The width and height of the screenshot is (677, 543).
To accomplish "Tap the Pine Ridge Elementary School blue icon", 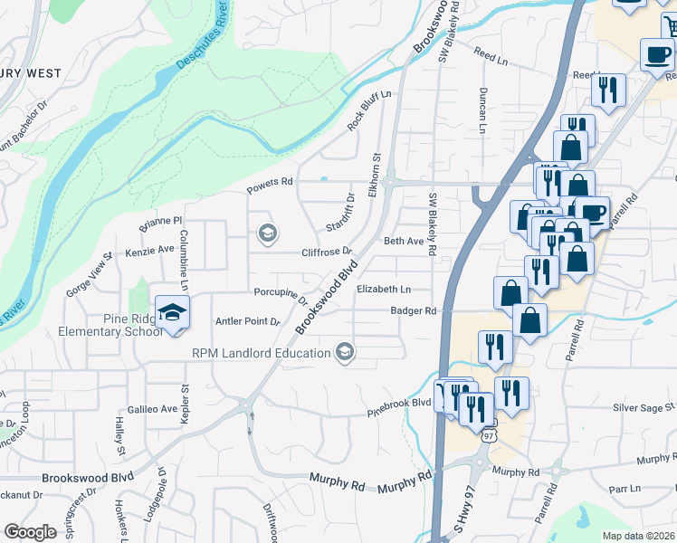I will click(x=172, y=312).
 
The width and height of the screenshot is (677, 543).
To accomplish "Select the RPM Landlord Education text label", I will click(x=261, y=352).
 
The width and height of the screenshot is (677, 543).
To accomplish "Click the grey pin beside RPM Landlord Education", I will click(x=344, y=351).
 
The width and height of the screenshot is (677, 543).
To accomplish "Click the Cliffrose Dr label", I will click(x=326, y=252).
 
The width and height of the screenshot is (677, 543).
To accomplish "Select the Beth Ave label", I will click(x=404, y=242).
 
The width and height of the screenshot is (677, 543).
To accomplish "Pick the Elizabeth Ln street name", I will click(x=384, y=290).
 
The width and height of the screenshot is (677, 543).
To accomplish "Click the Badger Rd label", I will click(x=414, y=310).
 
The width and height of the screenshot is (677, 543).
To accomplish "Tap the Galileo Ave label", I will click(x=152, y=409).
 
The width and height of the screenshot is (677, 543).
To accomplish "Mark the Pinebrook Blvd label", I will click(x=398, y=406).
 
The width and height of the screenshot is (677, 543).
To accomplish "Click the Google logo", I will click(x=30, y=531).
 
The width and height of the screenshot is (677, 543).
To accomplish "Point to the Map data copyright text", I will click(x=639, y=536).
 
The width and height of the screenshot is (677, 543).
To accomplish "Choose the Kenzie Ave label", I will click(x=149, y=249).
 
